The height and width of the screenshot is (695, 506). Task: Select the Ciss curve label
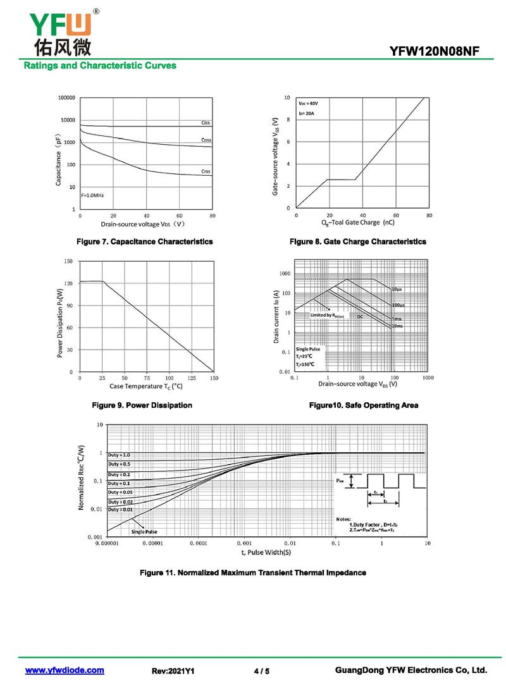point(206,123)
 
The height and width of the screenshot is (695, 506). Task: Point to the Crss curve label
point(206,171)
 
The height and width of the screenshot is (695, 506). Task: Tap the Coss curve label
point(206,140)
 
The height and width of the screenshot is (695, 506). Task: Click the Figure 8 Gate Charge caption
point(357,242)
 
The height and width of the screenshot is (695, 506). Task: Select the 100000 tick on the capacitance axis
point(66,98)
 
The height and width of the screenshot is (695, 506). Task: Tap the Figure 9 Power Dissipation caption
point(142,405)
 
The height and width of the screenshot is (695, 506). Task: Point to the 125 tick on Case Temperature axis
point(192,378)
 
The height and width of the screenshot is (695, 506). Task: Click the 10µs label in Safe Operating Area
point(397,289)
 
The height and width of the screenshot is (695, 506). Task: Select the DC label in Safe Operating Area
point(360,316)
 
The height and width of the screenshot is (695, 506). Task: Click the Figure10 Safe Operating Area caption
point(363,405)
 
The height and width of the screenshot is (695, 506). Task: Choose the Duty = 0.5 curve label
point(119,464)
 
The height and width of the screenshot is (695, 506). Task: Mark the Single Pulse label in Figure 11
point(144,532)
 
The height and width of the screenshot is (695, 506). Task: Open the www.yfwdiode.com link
point(65,670)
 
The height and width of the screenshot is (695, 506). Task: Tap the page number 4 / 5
point(261,671)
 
